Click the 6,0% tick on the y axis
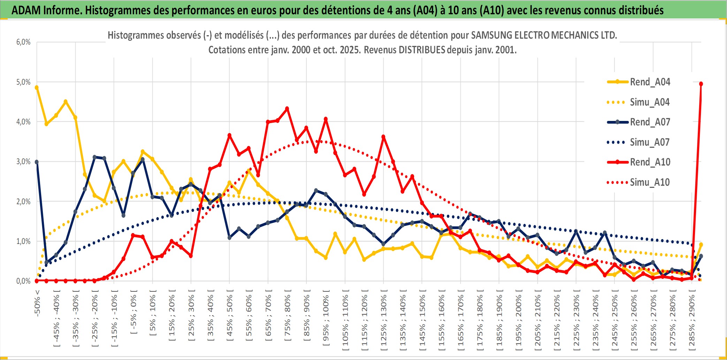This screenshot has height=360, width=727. click(x=23, y=42)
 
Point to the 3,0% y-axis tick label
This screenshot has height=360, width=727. click(x=23, y=162)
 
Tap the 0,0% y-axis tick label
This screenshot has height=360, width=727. click(x=23, y=281)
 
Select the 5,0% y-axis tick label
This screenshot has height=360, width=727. click(x=23, y=82)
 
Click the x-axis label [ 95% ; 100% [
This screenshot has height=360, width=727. click(x=326, y=320)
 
